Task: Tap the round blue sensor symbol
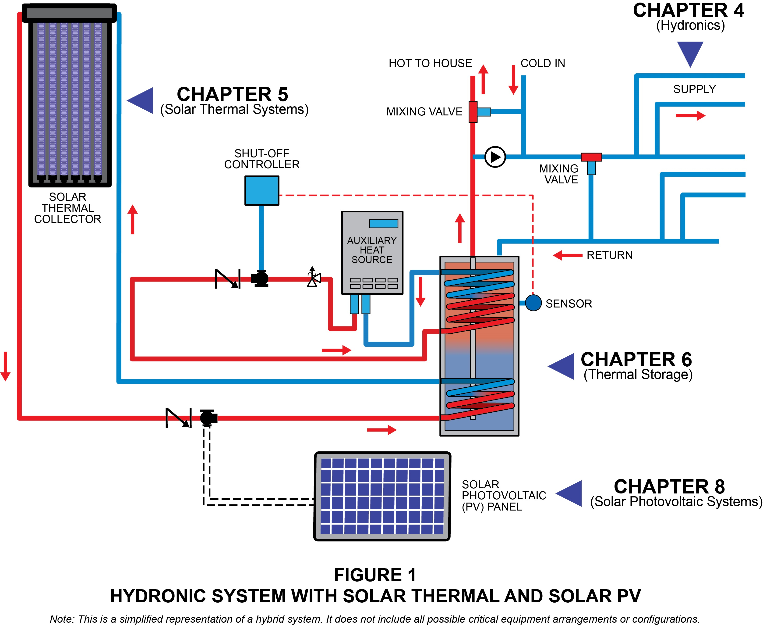pyautogui.click(x=533, y=303)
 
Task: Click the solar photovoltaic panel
pyautogui.click(x=382, y=496)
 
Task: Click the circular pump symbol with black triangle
pyautogui.click(x=495, y=157)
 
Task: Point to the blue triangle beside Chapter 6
pyautogui.click(x=562, y=367)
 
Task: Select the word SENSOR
pyautogui.click(x=569, y=304)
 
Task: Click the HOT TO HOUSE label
pyautogui.click(x=430, y=63)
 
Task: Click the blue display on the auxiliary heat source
pyautogui.click(x=383, y=224)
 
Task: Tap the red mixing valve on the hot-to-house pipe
pyautogui.click(x=473, y=112)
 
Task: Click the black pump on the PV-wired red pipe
pyautogui.click(x=208, y=418)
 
